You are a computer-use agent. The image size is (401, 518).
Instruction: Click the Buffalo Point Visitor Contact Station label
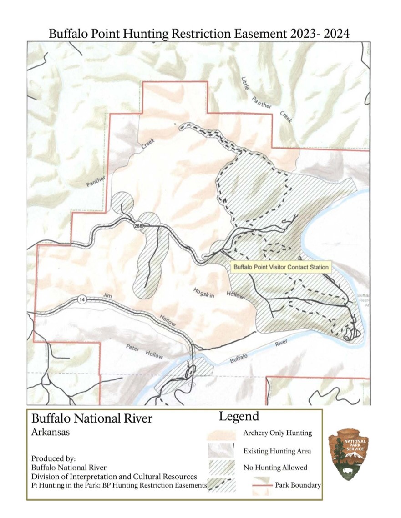pos(280,267)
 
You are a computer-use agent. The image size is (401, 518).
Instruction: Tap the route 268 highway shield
pos(138,226)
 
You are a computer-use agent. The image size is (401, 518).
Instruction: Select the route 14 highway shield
pos(81,299)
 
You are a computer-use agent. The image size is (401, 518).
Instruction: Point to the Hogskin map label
pos(203,292)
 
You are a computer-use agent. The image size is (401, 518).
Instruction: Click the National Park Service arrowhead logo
pos(349,454)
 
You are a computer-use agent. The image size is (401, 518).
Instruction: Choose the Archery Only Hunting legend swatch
pos(221,433)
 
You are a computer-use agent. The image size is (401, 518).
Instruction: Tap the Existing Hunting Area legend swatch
pos(221,450)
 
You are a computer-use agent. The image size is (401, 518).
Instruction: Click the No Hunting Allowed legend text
pos(275,468)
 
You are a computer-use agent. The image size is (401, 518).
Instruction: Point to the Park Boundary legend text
pos(298,485)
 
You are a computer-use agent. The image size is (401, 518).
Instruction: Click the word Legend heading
pos(239,416)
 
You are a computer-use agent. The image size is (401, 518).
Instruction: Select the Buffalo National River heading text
pos(92,418)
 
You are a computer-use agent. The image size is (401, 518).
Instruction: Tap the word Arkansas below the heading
pos(51,432)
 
